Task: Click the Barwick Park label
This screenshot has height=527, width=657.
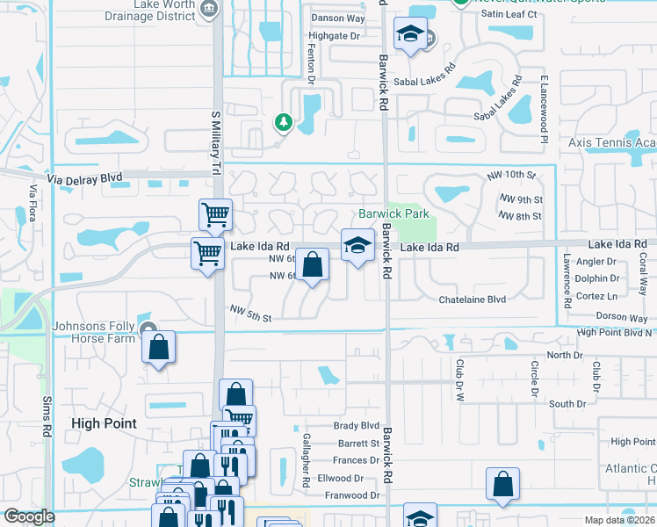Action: coord(393,213)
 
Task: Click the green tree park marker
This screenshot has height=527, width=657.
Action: coord(283,122)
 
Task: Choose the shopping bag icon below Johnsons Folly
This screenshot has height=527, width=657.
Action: coord(158,347)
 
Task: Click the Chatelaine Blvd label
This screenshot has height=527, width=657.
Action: coord(473,300)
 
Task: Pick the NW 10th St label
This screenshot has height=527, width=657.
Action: coord(510,177)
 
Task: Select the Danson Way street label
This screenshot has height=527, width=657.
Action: coord(338,18)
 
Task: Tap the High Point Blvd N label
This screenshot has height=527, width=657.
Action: coord(614,332)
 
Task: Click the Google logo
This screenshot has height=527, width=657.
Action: coord(29,516)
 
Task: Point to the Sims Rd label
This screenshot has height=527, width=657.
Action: coord(47,416)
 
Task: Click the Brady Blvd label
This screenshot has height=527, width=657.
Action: coord(356,425)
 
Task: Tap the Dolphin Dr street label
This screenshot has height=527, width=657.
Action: coord(598,278)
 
